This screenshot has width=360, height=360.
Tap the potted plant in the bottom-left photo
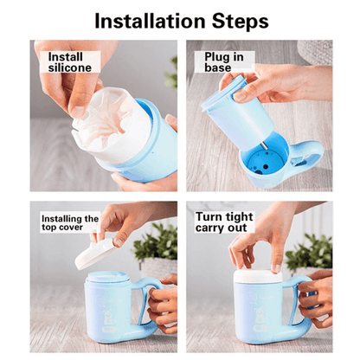tap(156, 247)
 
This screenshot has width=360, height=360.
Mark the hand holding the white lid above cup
tap(121, 221)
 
